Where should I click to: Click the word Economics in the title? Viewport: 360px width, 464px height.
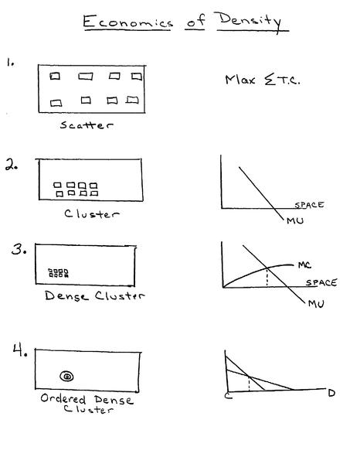coord(127,22)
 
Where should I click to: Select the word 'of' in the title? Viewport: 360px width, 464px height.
coord(195,21)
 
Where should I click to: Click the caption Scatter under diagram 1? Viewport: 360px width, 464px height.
coord(87,125)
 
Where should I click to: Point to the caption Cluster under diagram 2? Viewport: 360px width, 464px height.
coord(92,213)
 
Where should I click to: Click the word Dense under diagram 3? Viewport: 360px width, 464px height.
coord(66,295)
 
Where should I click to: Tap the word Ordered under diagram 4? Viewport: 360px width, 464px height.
coord(63,398)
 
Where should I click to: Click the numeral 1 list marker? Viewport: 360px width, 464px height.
coord(10,63)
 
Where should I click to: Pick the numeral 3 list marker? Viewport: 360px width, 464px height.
coord(19,250)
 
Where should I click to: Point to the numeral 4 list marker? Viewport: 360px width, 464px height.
coord(20,350)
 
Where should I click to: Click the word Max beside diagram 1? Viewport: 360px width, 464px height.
coord(239,80)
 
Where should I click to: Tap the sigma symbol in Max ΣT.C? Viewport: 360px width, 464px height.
coord(270,80)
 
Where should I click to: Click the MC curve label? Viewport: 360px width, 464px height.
coord(304,264)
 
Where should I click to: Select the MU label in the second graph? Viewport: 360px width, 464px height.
coord(295,220)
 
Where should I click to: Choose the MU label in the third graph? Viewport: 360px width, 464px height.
coord(316,304)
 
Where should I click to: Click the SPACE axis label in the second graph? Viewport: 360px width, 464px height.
coord(309,205)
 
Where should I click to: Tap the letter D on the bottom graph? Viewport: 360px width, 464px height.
coord(331,393)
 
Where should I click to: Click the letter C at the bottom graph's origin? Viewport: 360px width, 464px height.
coord(229,395)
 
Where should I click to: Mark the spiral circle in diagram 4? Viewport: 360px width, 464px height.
coord(66,377)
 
